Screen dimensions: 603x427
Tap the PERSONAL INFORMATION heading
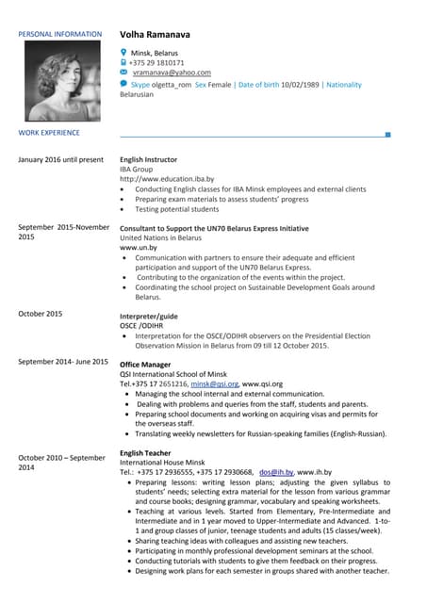pyautogui.click(x=59, y=35)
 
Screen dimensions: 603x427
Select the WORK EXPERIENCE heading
pyautogui.click(x=49, y=134)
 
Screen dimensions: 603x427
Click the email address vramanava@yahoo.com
pyautogui.click(x=172, y=73)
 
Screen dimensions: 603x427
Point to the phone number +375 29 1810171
pyautogui.click(x=163, y=62)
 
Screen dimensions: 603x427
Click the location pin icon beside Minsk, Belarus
pyautogui.click(x=124, y=52)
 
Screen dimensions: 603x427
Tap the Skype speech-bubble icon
pyautogui.click(x=124, y=84)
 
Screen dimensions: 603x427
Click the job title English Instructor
pyautogui.click(x=149, y=159)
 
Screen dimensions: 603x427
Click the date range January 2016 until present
pyautogui.click(x=60, y=159)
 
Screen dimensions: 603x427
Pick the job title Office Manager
pyautogui.click(x=145, y=362)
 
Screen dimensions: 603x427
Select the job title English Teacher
pyautogui.click(x=145, y=453)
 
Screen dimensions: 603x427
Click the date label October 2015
pyautogui.click(x=40, y=313)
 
